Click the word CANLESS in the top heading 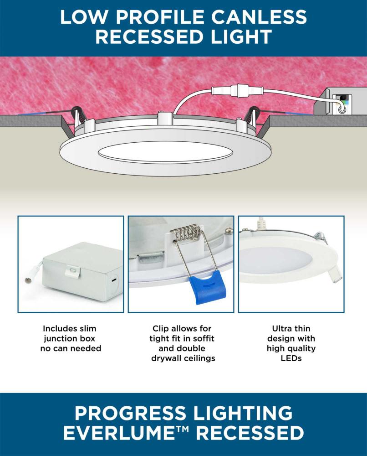click(x=259, y=16)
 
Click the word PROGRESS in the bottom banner click(x=130, y=413)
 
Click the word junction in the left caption click(x=69, y=338)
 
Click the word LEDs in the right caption click(x=291, y=358)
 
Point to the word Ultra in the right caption click(x=281, y=328)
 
